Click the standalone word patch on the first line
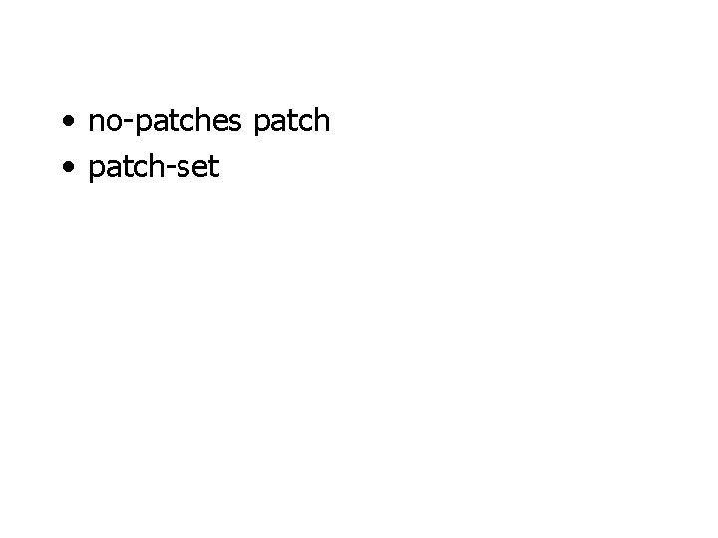pyautogui.click(x=292, y=122)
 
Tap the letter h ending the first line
pyautogui.click(x=321, y=122)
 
